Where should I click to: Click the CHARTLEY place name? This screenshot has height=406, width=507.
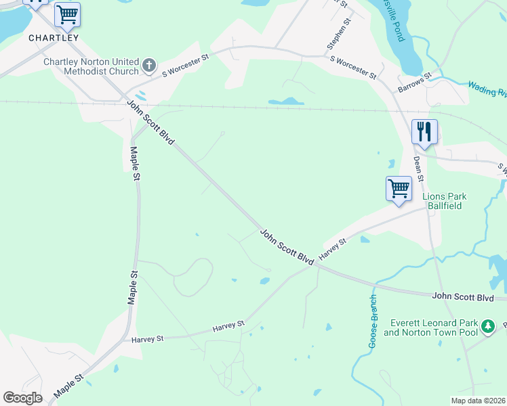coord(54,38)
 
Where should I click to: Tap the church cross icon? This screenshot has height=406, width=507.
coord(149,66)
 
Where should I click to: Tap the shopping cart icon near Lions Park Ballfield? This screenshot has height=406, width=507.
coord(399,187)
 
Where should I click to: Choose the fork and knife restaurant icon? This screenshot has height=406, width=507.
coord(424,131)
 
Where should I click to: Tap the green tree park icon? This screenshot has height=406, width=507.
coord(487,328)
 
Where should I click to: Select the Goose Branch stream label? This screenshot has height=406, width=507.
coord(373,321)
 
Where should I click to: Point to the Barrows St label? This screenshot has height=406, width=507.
coord(415,83)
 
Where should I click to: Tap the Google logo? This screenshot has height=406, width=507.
coord(22,397)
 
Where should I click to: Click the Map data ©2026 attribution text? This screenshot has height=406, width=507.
coord(478,401)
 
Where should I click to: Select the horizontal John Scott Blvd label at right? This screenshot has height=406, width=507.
coord(462,297)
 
